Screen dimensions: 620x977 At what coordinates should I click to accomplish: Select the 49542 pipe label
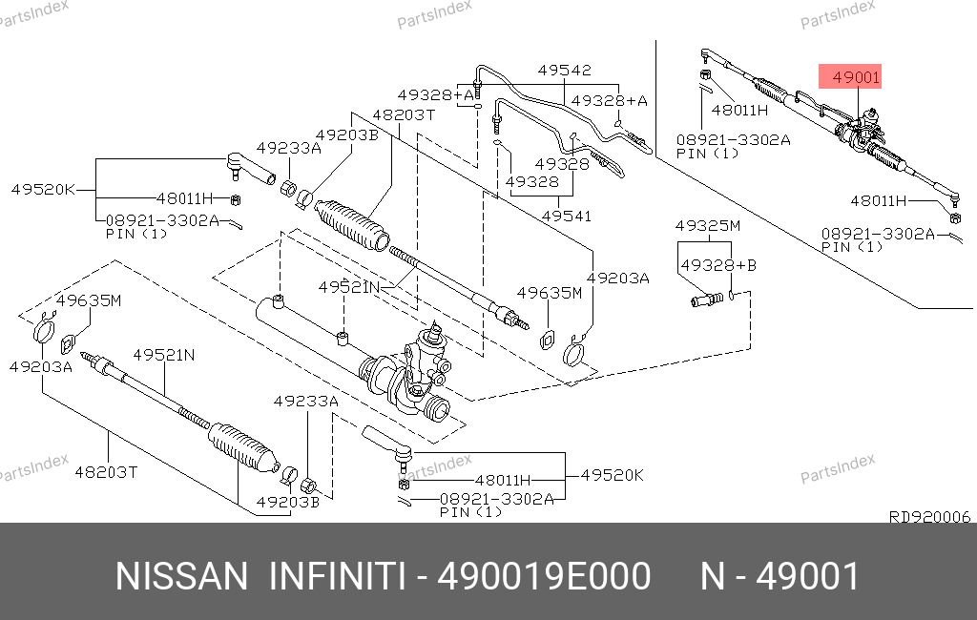pyautogui.click(x=564, y=70)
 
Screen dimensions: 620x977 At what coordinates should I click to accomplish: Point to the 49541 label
pyautogui.click(x=566, y=216)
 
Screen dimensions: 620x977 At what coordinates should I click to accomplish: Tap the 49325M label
pyautogui.click(x=707, y=226)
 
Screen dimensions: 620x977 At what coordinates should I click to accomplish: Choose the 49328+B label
pyautogui.click(x=717, y=264)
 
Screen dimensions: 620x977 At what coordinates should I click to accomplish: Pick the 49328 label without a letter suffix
pyautogui.click(x=532, y=181)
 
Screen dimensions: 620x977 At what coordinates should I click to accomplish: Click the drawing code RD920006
pyautogui.click(x=928, y=516)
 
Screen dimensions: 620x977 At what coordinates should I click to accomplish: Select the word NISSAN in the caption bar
pyautogui.click(x=181, y=577)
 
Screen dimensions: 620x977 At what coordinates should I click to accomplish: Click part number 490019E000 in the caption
pyautogui.click(x=544, y=577)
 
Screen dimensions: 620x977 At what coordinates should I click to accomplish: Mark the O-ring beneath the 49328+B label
pyautogui.click(x=731, y=296)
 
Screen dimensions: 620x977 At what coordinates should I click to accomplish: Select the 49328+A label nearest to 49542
pyautogui.click(x=610, y=100)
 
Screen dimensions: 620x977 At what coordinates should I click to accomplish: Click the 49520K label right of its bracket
pyautogui.click(x=613, y=474)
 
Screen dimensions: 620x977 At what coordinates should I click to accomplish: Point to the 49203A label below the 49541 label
pyautogui.click(x=617, y=278)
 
